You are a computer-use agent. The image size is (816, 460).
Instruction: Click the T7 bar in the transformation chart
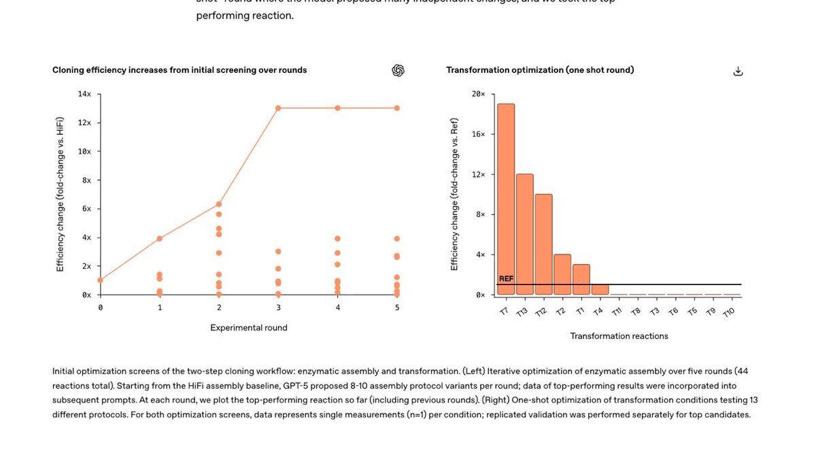505,199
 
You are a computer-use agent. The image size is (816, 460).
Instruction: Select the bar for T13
524,234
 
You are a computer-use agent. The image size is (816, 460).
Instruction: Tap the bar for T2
562,274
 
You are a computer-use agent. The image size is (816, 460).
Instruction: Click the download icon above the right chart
738,71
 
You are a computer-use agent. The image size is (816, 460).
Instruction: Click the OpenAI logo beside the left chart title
398,71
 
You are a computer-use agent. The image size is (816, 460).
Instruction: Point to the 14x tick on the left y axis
84,94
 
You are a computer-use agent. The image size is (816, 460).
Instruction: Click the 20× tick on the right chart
479,94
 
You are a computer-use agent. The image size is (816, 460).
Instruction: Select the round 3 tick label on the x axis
278,308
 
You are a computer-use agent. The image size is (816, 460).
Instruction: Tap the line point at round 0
101,280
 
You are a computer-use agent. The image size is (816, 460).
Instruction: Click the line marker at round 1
160,238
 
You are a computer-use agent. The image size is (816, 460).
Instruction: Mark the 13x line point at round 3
278,108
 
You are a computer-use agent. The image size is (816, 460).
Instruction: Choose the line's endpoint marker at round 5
396,108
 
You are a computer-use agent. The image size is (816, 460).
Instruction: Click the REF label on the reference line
506,279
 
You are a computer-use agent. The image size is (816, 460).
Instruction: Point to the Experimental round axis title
248,328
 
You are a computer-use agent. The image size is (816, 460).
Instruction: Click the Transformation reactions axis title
619,336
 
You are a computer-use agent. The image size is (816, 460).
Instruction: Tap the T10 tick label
729,312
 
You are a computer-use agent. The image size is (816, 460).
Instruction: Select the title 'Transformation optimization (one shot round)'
540,70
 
